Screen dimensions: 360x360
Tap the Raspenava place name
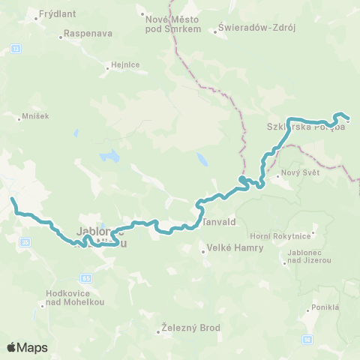point(88,34)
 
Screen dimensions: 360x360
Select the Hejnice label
point(125,64)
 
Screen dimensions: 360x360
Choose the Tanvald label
point(217,223)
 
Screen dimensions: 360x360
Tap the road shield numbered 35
point(25,241)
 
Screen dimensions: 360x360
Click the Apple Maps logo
point(27,347)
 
